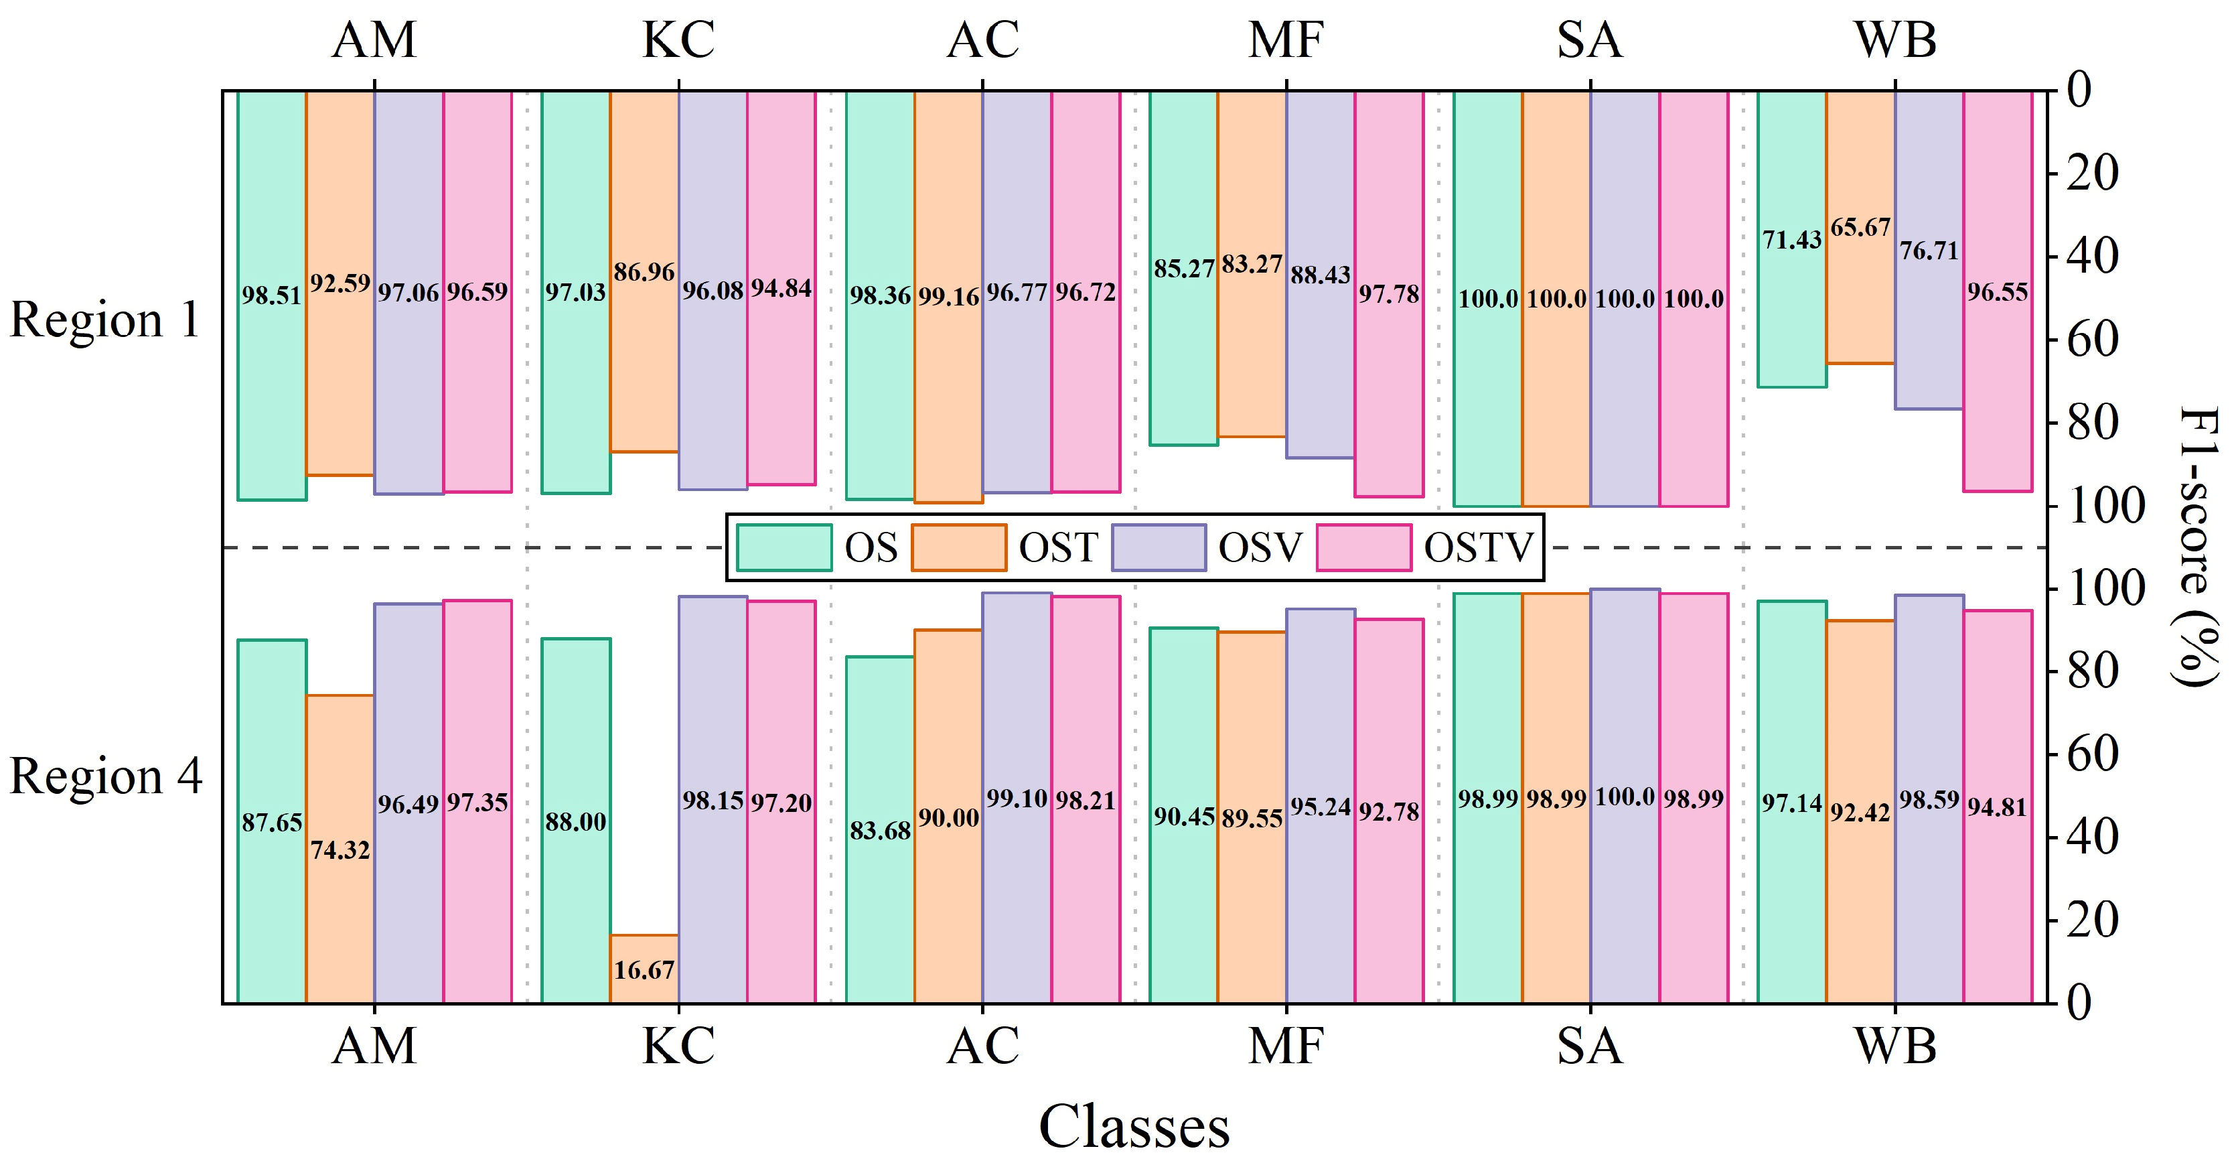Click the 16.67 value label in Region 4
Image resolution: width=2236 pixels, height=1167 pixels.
[644, 970]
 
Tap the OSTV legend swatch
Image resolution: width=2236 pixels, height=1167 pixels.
[1363, 548]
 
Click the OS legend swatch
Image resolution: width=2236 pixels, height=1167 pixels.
[784, 548]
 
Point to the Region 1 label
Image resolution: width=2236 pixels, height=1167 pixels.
[104, 320]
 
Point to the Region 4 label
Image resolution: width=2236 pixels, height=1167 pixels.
[105, 775]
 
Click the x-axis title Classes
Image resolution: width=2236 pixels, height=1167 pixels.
[1134, 1127]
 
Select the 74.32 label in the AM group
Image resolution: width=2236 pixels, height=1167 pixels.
[340, 850]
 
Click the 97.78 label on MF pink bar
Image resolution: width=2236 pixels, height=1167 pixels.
[1389, 294]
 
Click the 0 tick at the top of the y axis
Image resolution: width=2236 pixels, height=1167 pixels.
[2079, 90]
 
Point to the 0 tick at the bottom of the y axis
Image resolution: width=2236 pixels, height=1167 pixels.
[2079, 1003]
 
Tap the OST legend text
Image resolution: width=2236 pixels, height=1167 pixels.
[1058, 548]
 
